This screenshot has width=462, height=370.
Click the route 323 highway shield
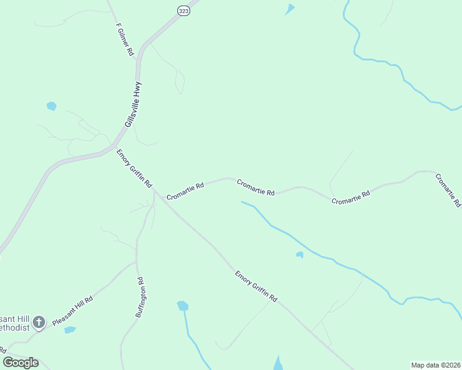pyautogui.click(x=183, y=11)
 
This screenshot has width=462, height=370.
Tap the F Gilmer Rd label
pyautogui.click(x=125, y=40)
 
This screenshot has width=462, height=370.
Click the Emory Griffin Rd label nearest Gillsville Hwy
pyautogui.click(x=134, y=168)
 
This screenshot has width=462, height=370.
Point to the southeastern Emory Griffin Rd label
pyautogui.click(x=256, y=286)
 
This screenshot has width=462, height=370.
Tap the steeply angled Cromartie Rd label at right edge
pyautogui.click(x=448, y=191)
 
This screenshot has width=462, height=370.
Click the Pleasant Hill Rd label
pyautogui.click(x=72, y=311)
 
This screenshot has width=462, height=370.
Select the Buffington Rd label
pyautogui.click(x=141, y=297)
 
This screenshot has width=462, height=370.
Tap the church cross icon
pyautogui.click(x=39, y=321)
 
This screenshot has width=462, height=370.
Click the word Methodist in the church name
pyautogui.click(x=14, y=327)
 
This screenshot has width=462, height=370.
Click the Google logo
pyautogui.click(x=20, y=362)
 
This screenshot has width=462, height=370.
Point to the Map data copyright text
pyautogui.click(x=435, y=364)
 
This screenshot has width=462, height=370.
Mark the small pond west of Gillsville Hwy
pyautogui.click(x=51, y=106)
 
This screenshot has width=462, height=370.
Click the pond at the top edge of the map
pyautogui.click(x=289, y=9)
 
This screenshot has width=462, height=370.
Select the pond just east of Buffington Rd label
pyautogui.click(x=182, y=306)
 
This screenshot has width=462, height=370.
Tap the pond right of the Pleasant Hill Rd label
pyautogui.click(x=70, y=330)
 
